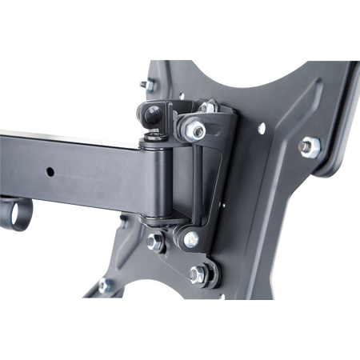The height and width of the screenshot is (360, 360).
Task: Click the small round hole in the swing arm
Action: (50, 171)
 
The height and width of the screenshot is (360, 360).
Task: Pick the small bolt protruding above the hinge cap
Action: (145, 84)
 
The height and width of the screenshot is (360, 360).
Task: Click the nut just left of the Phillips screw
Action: (158, 241)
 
